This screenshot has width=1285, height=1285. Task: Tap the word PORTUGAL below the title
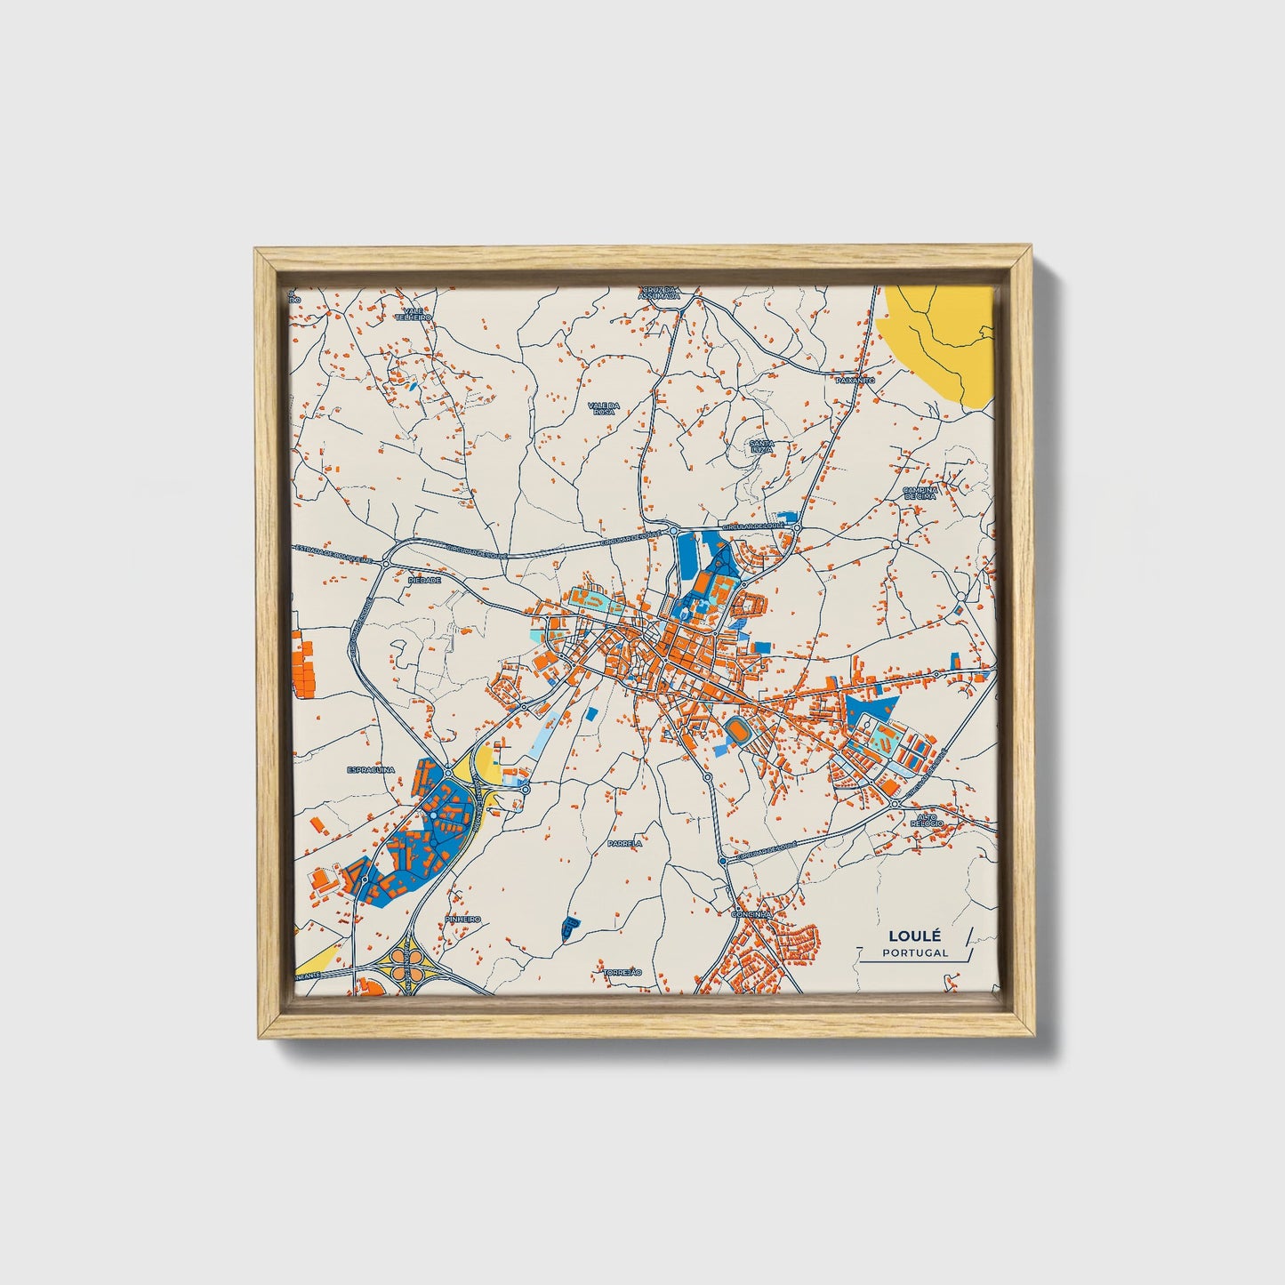(x=915, y=952)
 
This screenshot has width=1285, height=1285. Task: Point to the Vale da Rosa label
(x=603, y=407)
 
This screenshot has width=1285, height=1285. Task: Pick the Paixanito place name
(x=856, y=380)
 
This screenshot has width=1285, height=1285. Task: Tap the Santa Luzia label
(x=761, y=446)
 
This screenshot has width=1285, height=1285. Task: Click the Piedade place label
(x=423, y=579)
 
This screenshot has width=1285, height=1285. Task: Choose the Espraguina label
(x=370, y=771)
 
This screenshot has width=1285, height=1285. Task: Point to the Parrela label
(x=624, y=842)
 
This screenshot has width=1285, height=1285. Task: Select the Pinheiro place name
(x=463, y=919)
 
